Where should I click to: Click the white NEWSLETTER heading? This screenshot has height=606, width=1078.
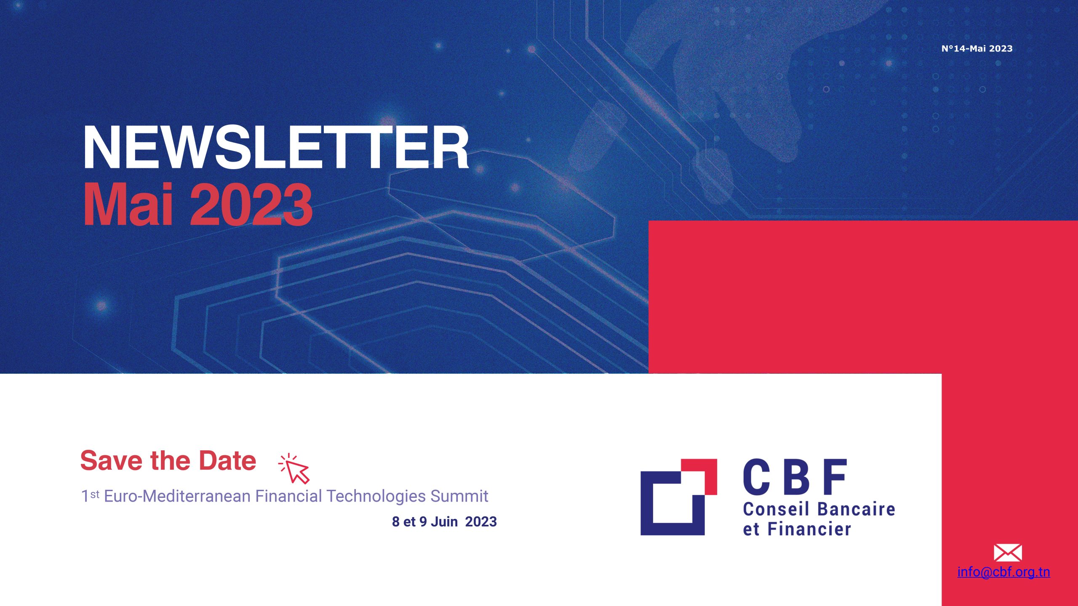tap(276, 148)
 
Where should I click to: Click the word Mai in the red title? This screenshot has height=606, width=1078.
tap(128, 205)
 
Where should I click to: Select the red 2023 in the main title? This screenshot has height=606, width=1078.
tap(252, 205)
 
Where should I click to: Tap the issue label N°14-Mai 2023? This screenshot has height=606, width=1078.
tap(977, 48)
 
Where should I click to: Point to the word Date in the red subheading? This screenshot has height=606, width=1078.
tap(227, 460)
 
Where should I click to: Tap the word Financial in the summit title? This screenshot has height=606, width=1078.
tap(289, 496)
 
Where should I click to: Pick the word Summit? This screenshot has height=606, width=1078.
tap(459, 496)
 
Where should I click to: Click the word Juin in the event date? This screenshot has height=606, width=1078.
tap(444, 522)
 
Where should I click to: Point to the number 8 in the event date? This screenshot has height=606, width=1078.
tap(395, 522)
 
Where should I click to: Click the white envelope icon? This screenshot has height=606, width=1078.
tap(1008, 553)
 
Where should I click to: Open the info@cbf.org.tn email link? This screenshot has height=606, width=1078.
tap(1003, 572)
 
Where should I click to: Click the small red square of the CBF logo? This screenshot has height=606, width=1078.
tap(699, 476)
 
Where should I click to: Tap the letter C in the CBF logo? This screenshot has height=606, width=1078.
tap(757, 476)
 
